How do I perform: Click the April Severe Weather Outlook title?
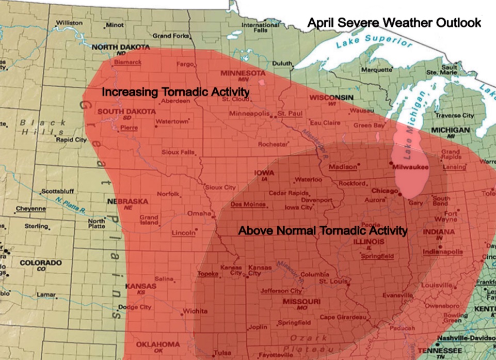click(394, 23)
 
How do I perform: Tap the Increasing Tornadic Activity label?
click(175, 92)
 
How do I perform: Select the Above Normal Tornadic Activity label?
click(323, 230)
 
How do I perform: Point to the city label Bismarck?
click(127, 62)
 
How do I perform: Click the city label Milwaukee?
click(410, 167)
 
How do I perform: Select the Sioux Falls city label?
click(178, 152)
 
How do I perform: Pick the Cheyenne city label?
click(30, 209)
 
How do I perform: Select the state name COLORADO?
click(41, 263)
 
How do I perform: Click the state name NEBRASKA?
click(127, 201)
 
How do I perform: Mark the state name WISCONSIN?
click(331, 98)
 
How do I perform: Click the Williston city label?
click(69, 23)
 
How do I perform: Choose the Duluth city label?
click(282, 64)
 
